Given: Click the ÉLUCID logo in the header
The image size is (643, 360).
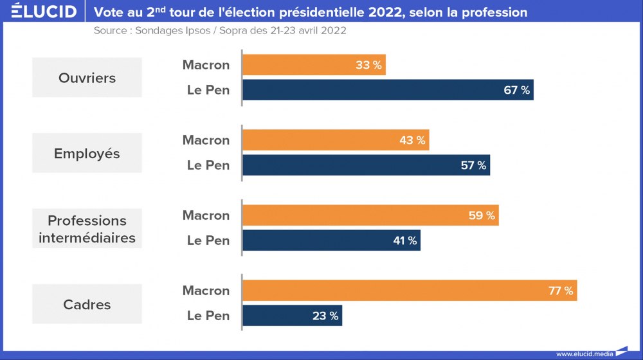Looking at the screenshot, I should (44, 12).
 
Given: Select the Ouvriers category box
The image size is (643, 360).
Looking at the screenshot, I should (87, 78).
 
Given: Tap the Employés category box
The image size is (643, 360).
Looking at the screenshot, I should (87, 153).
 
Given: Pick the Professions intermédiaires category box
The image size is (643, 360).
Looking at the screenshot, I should (87, 229).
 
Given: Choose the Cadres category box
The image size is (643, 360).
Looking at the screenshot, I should (87, 304).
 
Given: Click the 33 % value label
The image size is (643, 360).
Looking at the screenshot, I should (368, 65).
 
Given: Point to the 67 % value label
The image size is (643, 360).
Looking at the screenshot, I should (516, 90).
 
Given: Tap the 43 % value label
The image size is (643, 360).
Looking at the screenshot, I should (412, 140).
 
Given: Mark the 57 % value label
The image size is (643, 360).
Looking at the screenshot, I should (473, 165).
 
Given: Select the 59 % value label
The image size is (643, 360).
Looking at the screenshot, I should (482, 215).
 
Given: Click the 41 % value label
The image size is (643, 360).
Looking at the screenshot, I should (404, 240).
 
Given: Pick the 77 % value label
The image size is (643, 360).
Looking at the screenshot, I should (560, 291).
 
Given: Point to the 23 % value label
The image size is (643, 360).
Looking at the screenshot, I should (325, 316).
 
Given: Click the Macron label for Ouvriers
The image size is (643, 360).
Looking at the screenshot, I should (206, 65).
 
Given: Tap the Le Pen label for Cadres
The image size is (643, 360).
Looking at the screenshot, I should (208, 316).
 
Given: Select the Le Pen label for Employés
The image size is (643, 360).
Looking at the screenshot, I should (208, 165).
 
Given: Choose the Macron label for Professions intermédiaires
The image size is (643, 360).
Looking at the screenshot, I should (206, 215).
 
